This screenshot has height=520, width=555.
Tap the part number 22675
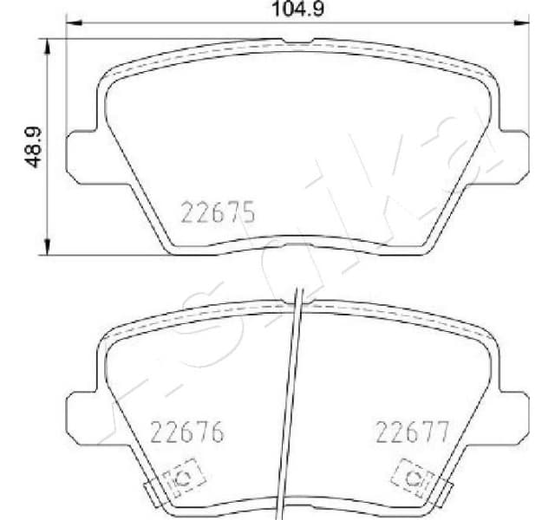click(x=217, y=211)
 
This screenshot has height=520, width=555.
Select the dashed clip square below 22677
click(x=413, y=478)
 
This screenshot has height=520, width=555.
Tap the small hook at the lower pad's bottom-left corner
click(x=149, y=496)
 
